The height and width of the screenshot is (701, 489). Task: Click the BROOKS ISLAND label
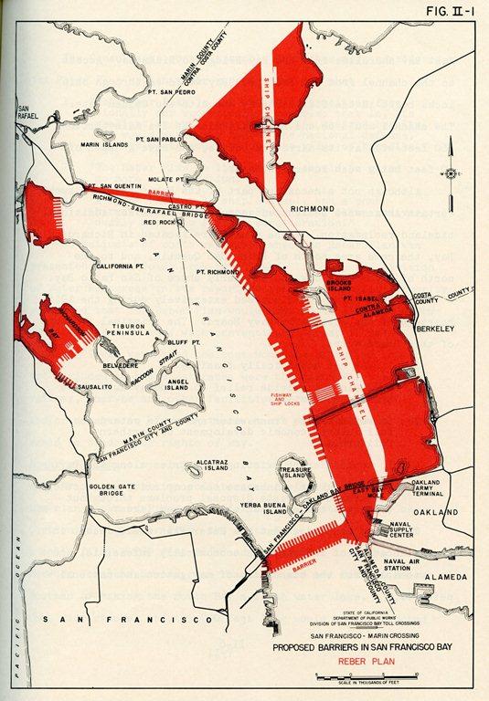[x=340, y=287]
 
